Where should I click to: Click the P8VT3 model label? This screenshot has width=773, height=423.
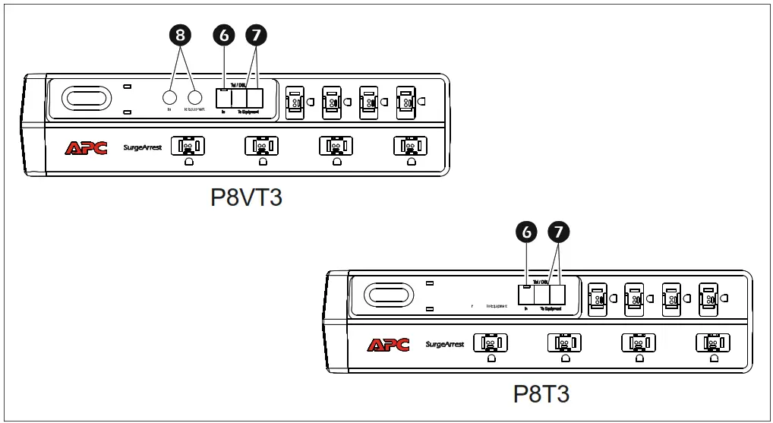pyautogui.click(x=246, y=197)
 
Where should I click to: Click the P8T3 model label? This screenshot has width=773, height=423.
pyautogui.click(x=541, y=394)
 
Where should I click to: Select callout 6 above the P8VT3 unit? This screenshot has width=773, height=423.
pyautogui.click(x=223, y=35)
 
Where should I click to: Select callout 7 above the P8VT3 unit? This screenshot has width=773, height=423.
pyautogui.click(x=256, y=35)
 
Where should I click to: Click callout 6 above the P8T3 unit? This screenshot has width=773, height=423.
pyautogui.click(x=525, y=232)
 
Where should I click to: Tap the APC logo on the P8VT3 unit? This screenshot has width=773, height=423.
pyautogui.click(x=86, y=147)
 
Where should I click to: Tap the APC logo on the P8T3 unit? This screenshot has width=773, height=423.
pyautogui.click(x=388, y=345)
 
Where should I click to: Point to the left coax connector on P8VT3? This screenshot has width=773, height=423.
pyautogui.click(x=169, y=97)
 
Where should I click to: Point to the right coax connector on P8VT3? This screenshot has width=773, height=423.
pyautogui.click(x=196, y=97)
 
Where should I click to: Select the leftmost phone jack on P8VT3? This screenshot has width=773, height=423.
pyautogui.click(x=222, y=98)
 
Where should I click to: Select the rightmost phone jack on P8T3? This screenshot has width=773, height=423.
pyautogui.click(x=557, y=295)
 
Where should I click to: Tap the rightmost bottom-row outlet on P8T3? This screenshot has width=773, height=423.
pyautogui.click(x=712, y=343)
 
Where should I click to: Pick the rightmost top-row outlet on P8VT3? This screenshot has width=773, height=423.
pyautogui.click(x=407, y=100)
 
